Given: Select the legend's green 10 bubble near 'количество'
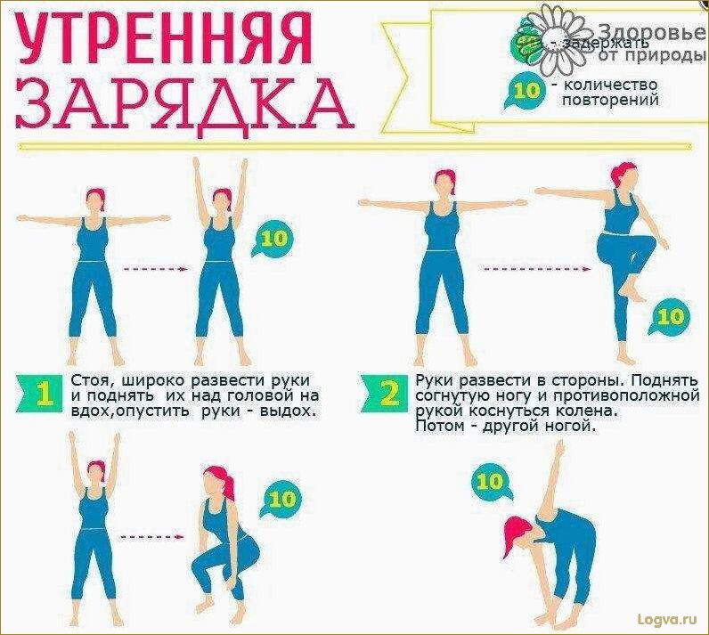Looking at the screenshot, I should pos(527,92).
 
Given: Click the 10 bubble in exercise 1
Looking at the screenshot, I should pos(274,239).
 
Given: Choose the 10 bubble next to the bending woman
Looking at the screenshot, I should pos(490,482).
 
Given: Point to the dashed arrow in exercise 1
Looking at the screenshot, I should pos(153,269).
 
